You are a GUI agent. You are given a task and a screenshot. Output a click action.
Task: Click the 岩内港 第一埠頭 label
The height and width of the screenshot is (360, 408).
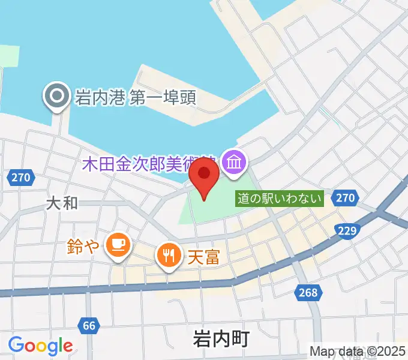pyautogui.click(x=135, y=97)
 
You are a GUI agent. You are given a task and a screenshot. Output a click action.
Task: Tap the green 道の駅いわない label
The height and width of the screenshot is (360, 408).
pyautogui.click(x=280, y=199)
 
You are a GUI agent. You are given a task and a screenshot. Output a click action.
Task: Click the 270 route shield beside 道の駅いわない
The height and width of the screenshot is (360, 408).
pyautogui.click(x=346, y=197)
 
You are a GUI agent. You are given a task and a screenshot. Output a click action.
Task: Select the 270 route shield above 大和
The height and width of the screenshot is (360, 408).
pyautogui.click(x=22, y=177)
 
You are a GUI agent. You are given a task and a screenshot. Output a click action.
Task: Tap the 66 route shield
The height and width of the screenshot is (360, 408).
pyautogui.click(x=88, y=326)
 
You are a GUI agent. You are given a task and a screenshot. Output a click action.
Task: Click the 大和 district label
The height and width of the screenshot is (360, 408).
pyautogui.click(x=62, y=203)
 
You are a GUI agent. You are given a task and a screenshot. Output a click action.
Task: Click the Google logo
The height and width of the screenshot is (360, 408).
pyautogui.click(x=41, y=346)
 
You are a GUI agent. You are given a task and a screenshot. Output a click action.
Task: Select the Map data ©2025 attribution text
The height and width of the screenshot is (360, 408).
pyautogui.click(x=357, y=351)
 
